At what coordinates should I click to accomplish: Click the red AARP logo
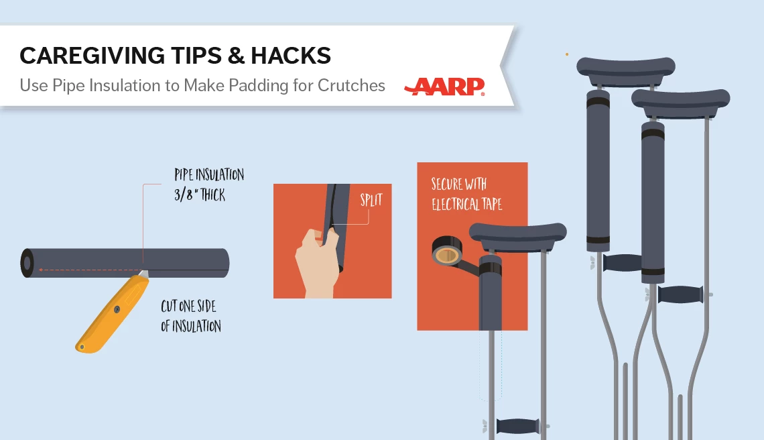444,87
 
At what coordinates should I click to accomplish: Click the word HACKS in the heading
291,56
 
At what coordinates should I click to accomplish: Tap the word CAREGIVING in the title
92,56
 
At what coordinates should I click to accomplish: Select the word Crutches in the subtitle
351,85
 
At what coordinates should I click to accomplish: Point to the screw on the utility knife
117,309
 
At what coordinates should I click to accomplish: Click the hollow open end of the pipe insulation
27,264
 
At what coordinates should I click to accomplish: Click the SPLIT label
371,199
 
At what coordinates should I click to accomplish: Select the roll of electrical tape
447,251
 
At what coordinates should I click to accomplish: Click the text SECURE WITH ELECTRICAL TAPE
466,194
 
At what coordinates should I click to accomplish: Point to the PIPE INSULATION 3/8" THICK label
209,185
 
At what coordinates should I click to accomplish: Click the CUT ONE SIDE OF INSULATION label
190,316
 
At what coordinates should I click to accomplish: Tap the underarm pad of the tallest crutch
626,68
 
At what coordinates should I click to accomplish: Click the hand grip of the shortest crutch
517,426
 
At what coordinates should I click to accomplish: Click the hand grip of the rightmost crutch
680,294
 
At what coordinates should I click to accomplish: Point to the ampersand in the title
236,56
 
